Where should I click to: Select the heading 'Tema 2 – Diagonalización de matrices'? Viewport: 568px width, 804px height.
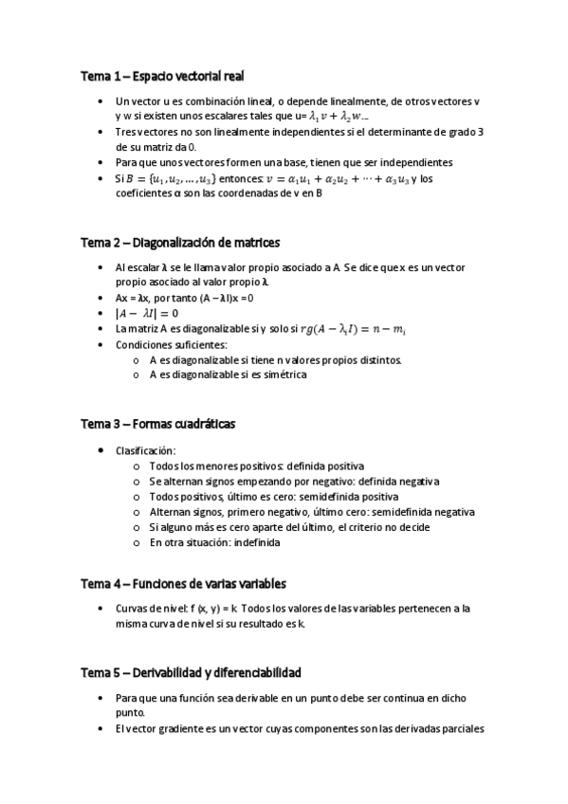pyautogui.click(x=180, y=243)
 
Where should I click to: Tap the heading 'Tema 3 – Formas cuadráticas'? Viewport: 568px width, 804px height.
pyautogui.click(x=157, y=424)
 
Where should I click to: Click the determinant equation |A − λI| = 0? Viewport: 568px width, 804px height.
pyautogui.click(x=147, y=314)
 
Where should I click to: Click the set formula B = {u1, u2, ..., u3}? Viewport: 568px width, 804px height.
pyautogui.click(x=178, y=178)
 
